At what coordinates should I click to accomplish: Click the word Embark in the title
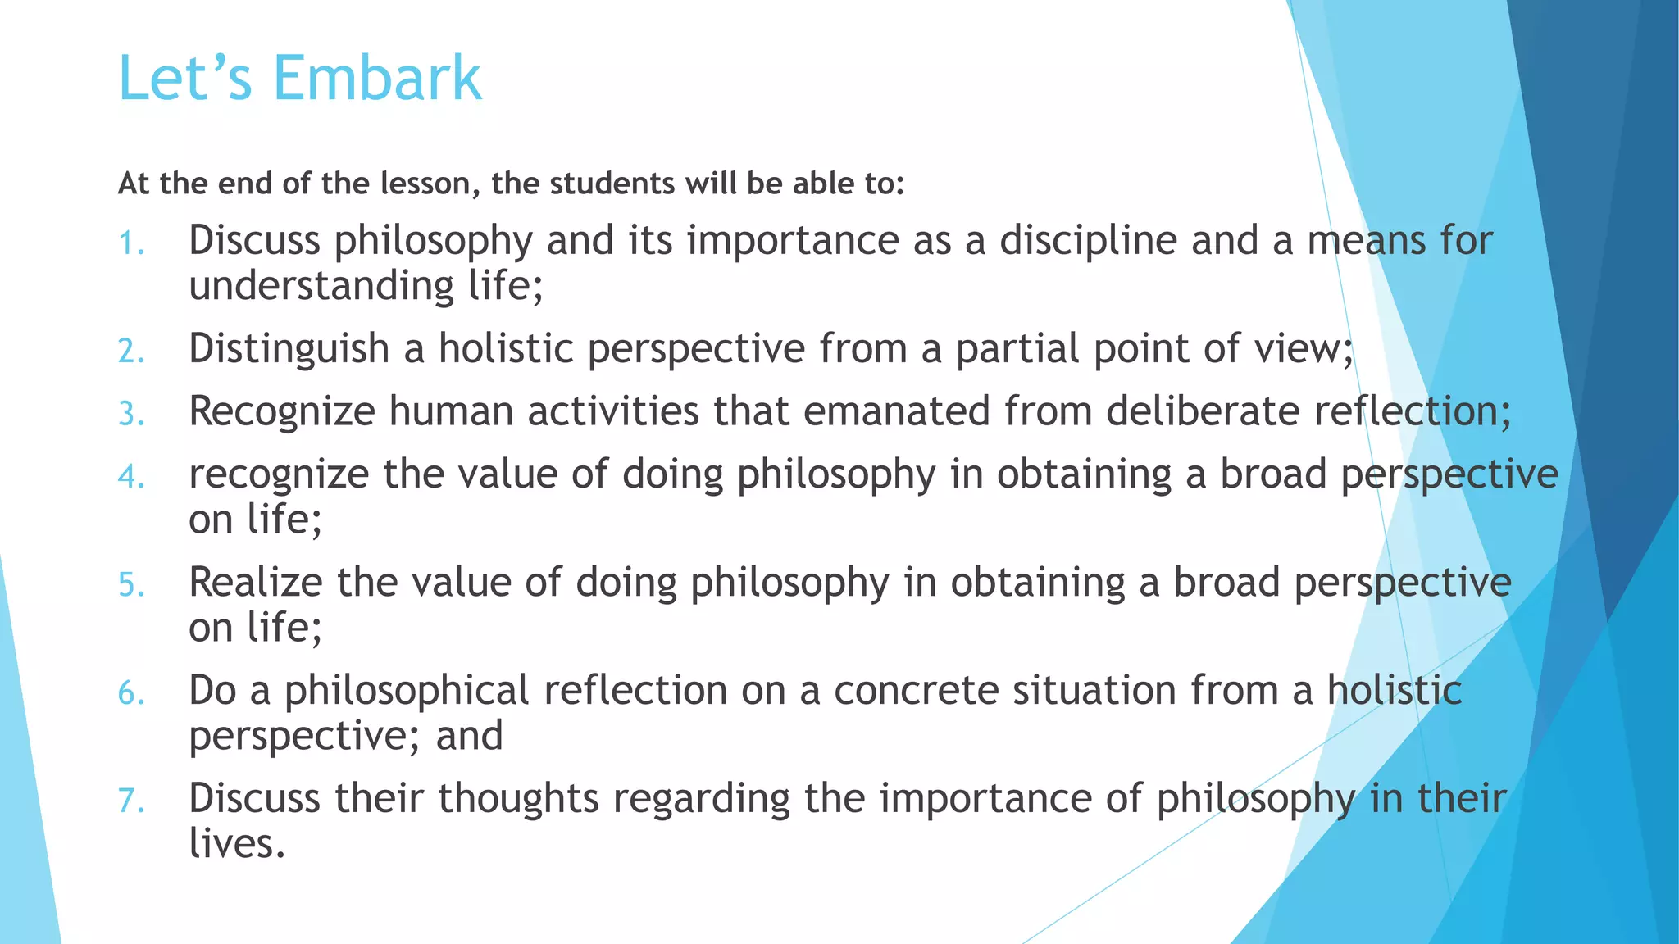pyautogui.click(x=377, y=79)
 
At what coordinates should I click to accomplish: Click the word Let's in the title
pyautogui.click(x=185, y=79)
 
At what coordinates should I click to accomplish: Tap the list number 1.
pyautogui.click(x=131, y=243)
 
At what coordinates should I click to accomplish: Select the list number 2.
pyautogui.click(x=131, y=352)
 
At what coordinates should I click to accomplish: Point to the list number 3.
pyautogui.click(x=131, y=414)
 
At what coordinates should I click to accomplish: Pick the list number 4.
pyautogui.click(x=131, y=476)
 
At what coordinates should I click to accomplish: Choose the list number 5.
pyautogui.click(x=131, y=585)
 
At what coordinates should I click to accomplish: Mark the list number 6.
pyautogui.click(x=131, y=693)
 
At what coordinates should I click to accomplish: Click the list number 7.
pyautogui.click(x=131, y=801)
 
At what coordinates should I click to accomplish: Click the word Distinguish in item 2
pyautogui.click(x=289, y=349)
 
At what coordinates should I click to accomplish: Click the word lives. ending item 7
pyautogui.click(x=237, y=843)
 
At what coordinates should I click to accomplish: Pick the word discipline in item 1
pyautogui.click(x=1088, y=241)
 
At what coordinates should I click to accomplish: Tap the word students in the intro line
pyautogui.click(x=613, y=184)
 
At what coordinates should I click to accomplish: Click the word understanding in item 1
pyautogui.click(x=321, y=286)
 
